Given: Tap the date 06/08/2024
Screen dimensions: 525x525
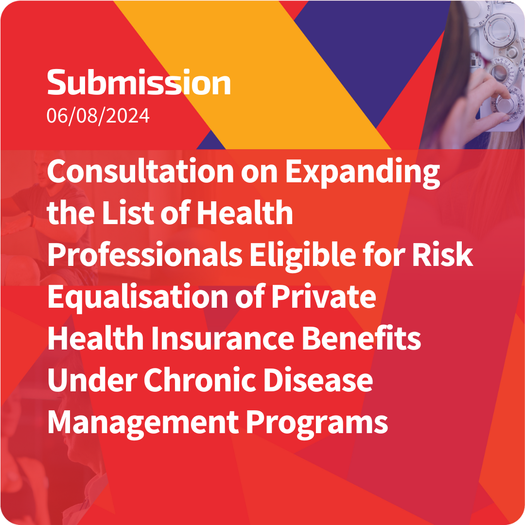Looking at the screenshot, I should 98,116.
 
